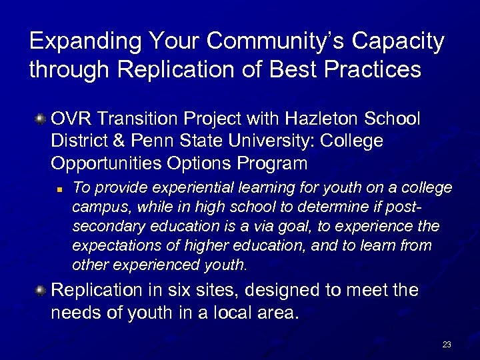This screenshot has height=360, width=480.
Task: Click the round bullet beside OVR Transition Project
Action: click(x=41, y=119)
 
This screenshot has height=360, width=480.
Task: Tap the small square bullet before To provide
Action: click(x=59, y=190)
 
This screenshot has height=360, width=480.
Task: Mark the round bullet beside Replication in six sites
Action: click(x=41, y=291)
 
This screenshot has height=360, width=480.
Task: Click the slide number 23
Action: click(x=446, y=345)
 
